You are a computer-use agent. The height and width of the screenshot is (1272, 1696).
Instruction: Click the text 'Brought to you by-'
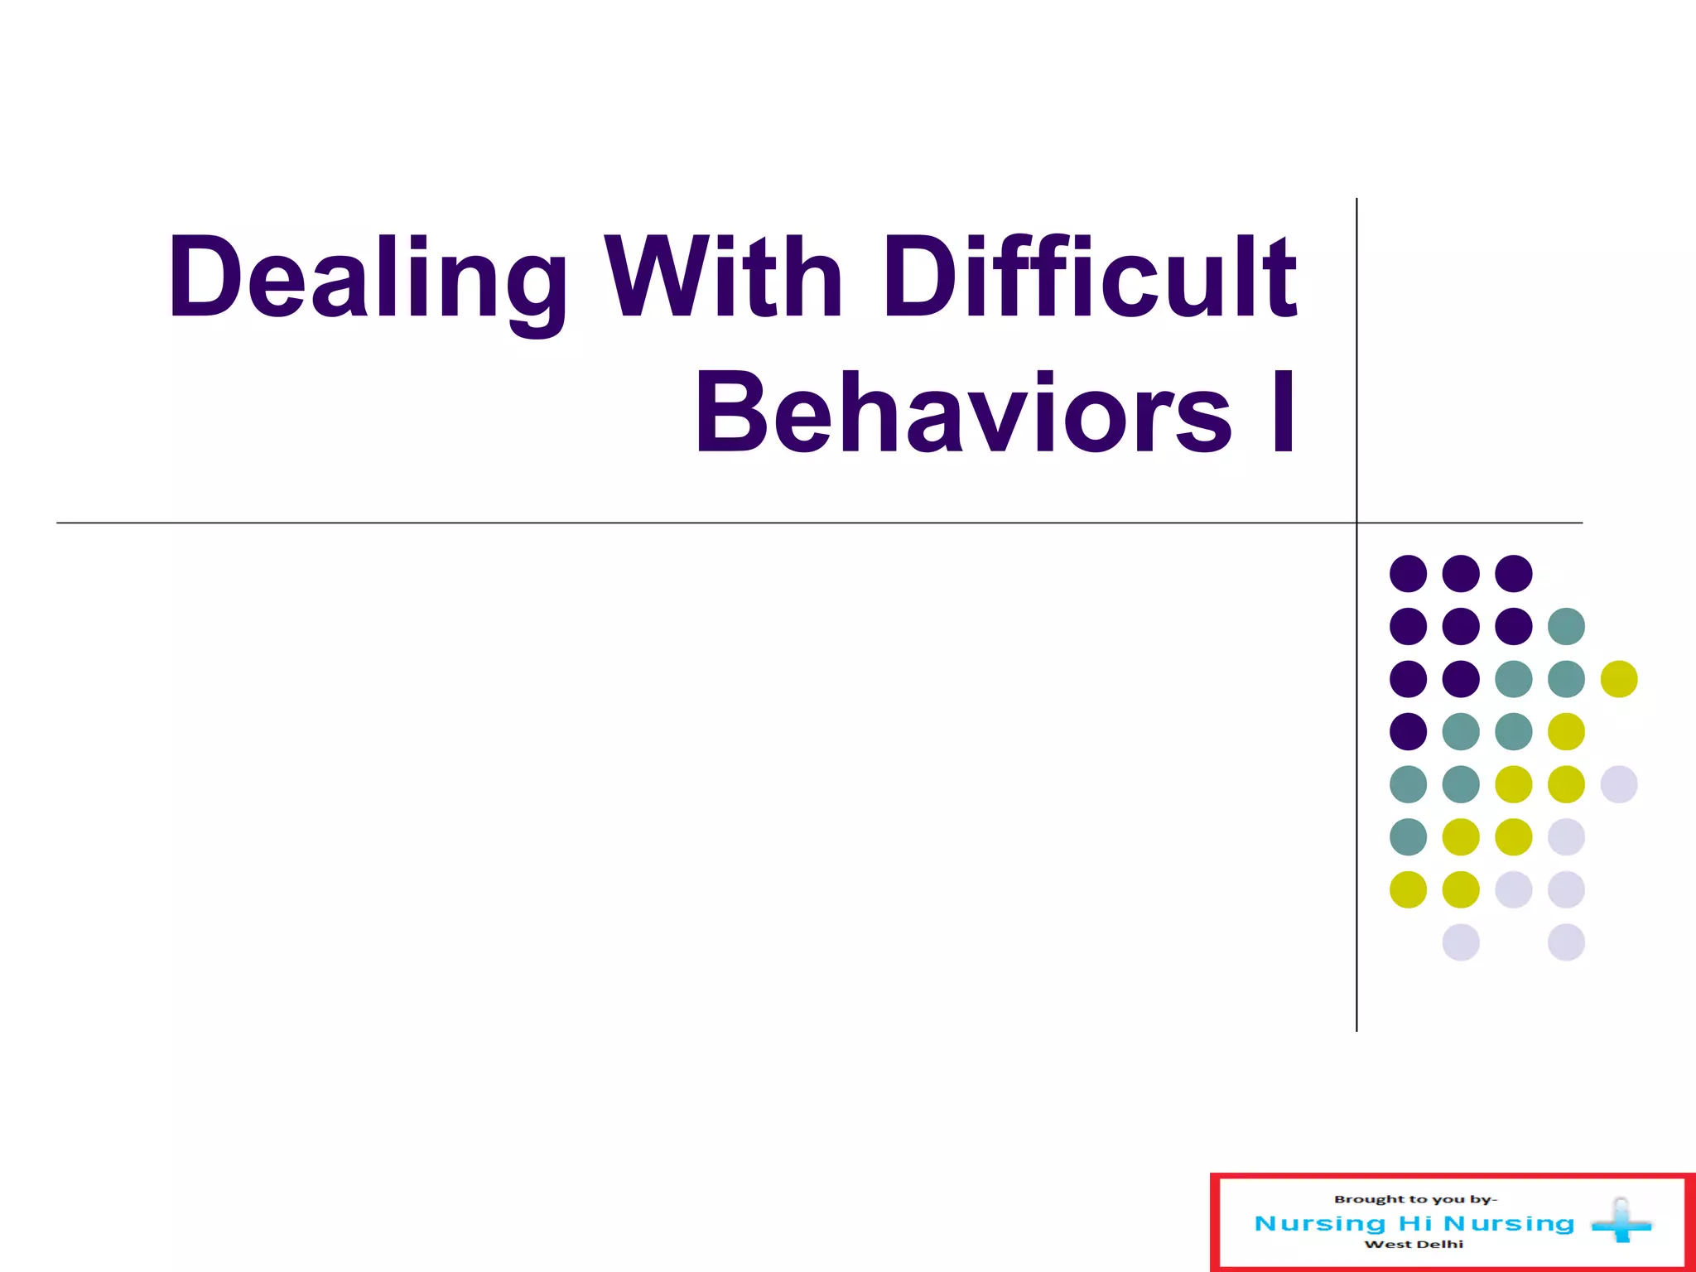[1415, 1199]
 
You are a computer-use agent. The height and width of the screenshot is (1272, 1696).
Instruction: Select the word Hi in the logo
[1415, 1223]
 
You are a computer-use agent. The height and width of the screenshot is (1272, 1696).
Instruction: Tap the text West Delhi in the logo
[1414, 1244]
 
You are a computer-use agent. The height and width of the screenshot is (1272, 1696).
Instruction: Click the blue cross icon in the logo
[1621, 1221]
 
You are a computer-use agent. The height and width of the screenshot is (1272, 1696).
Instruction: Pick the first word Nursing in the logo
[1320, 1223]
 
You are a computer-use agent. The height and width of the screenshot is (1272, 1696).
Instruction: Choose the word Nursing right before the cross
[1509, 1223]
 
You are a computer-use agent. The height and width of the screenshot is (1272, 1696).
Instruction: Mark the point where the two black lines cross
[1356, 523]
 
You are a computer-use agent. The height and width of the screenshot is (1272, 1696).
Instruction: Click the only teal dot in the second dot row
[1566, 626]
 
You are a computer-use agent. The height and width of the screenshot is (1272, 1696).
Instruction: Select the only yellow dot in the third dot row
[1619, 679]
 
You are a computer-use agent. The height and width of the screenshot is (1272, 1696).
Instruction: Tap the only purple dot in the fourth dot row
[1408, 731]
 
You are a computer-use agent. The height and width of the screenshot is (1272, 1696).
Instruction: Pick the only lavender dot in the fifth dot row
[1619, 784]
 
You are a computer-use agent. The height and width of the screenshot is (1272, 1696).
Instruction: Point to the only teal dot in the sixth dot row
[1408, 836]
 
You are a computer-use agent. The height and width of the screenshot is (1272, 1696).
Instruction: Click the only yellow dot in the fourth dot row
[1566, 731]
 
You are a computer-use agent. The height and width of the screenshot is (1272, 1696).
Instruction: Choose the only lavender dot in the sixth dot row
[1566, 836]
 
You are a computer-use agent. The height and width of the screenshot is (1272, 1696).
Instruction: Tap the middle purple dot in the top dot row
[1461, 573]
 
